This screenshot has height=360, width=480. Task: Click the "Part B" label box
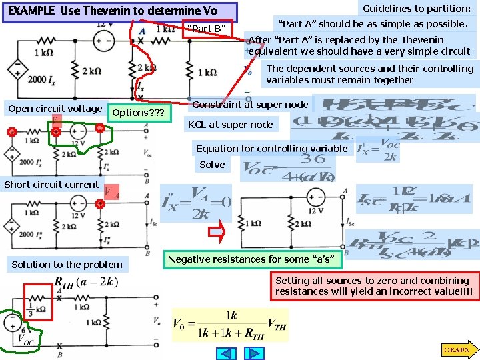click(x=207, y=29)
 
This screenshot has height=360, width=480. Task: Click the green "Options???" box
click(x=138, y=113)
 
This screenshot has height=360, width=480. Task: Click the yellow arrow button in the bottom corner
click(x=457, y=349)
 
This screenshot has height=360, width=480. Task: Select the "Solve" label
click(x=212, y=165)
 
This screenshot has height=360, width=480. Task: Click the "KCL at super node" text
click(x=230, y=125)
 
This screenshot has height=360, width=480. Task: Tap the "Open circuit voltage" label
click(x=55, y=109)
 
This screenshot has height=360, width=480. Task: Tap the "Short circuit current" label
click(x=51, y=185)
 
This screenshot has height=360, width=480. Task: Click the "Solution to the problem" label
click(x=67, y=265)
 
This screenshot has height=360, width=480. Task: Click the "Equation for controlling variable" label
click(x=271, y=148)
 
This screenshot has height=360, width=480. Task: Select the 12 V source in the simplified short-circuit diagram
click(x=311, y=197)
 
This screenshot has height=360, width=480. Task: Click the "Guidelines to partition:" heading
click(x=416, y=8)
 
